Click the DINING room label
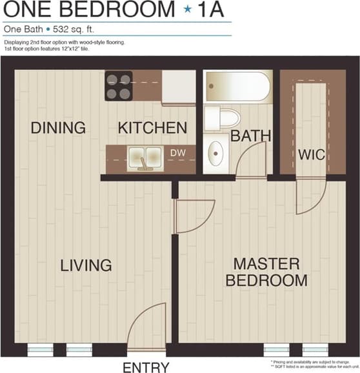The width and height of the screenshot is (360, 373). pyautogui.click(x=58, y=128)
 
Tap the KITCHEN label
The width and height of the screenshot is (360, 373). pyautogui.click(x=152, y=128)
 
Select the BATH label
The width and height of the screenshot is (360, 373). pyautogui.click(x=250, y=136)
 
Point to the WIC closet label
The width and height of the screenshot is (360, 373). pyautogui.click(x=310, y=156)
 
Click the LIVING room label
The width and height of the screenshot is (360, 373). pyautogui.click(x=86, y=265)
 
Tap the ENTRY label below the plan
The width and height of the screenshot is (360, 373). pyautogui.click(x=146, y=367)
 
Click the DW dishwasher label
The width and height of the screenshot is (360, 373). pyautogui.click(x=177, y=152)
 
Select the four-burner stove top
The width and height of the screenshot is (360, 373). pyautogui.click(x=119, y=86)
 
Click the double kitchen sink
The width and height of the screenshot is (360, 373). pyautogui.click(x=145, y=157)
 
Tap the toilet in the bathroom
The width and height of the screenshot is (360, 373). pyautogui.click(x=221, y=118)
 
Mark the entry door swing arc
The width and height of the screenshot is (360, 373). pyautogui.click(x=144, y=329)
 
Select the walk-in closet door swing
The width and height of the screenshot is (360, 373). pyautogui.click(x=312, y=197)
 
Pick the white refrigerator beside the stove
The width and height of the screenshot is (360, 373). pyautogui.click(x=179, y=86)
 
